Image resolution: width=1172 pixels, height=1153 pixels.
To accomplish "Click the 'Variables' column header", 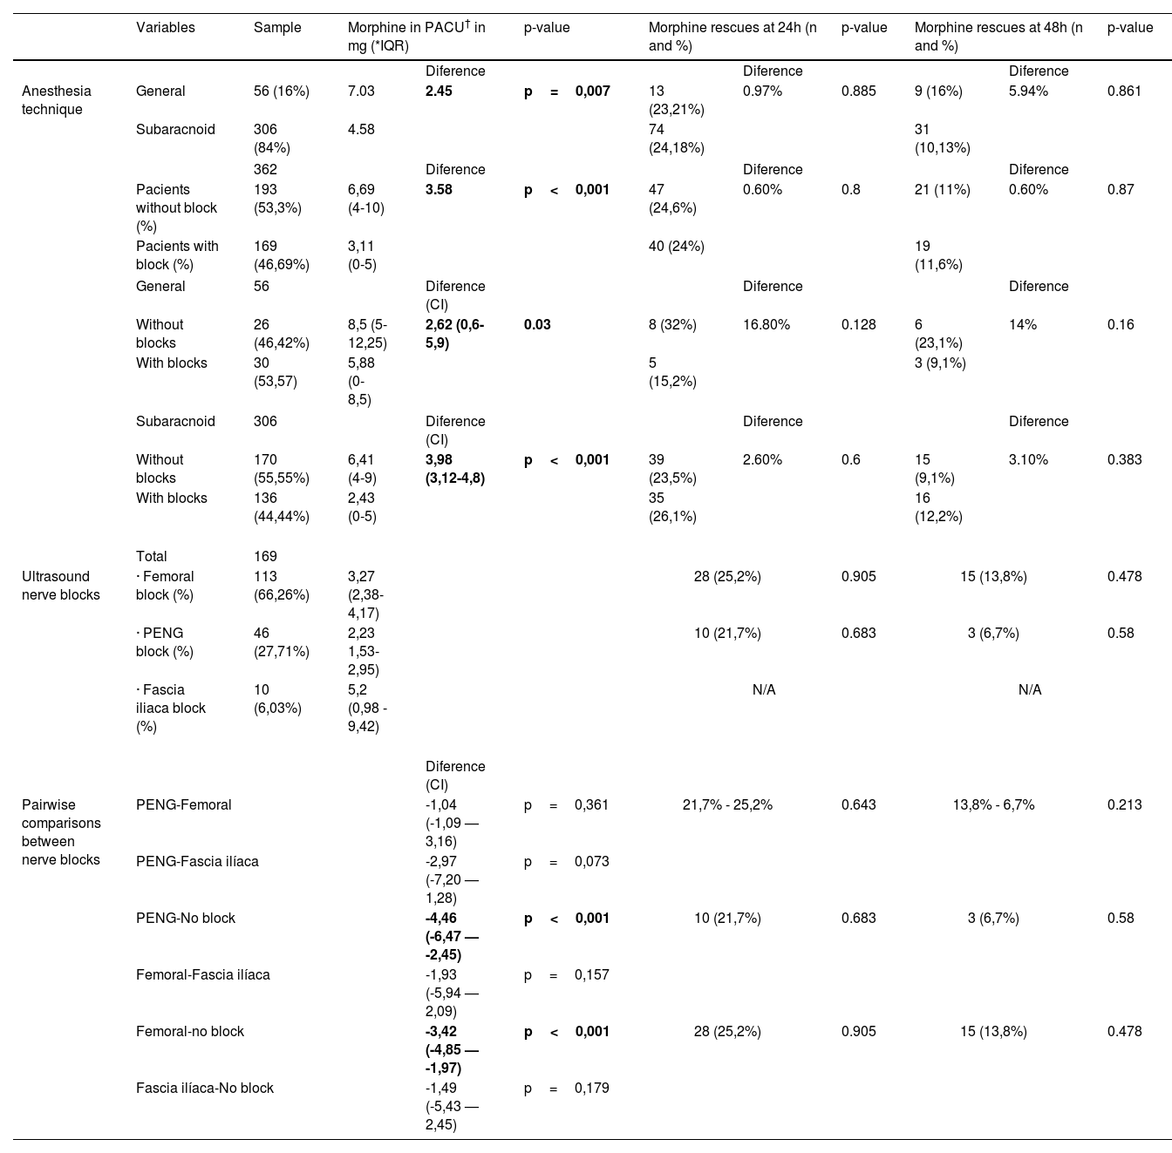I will pyautogui.click(x=166, y=28).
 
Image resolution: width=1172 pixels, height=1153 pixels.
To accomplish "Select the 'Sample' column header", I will pyautogui.click(x=277, y=28).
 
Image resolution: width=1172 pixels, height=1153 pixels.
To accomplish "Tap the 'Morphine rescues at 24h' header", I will pyautogui.click(x=732, y=37).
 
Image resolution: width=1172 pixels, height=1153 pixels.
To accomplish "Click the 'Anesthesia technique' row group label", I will pyautogui.click(x=57, y=100).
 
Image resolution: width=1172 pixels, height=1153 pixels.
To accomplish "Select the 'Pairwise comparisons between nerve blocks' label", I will pyautogui.click(x=61, y=832).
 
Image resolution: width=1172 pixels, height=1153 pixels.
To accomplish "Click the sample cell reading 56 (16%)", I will pyautogui.click(x=282, y=92).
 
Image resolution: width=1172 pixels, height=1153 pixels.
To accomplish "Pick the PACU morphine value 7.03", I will pyautogui.click(x=361, y=92).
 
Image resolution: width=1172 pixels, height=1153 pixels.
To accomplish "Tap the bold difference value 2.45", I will pyautogui.click(x=439, y=92).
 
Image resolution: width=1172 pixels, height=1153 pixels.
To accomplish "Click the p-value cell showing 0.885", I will pyautogui.click(x=858, y=92).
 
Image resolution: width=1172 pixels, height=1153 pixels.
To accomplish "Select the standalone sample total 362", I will pyautogui.click(x=265, y=169).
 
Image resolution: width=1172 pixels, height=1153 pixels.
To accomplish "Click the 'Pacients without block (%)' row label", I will pyautogui.click(x=176, y=207).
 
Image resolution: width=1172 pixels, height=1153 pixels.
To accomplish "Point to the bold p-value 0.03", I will pyautogui.click(x=537, y=324).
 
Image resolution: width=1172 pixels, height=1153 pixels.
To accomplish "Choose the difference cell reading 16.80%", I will pyautogui.click(x=767, y=324).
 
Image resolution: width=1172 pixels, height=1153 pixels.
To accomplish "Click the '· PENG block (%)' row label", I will pyautogui.click(x=162, y=642).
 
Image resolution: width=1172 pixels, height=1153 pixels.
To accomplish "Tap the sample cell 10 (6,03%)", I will pyautogui.click(x=277, y=699).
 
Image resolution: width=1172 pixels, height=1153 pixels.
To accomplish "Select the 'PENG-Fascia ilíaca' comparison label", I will pyautogui.click(x=197, y=862).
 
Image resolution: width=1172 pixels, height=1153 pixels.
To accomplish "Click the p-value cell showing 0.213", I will pyautogui.click(x=1124, y=805).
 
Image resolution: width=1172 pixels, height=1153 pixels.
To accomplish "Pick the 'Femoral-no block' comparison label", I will pyautogui.click(x=190, y=1032).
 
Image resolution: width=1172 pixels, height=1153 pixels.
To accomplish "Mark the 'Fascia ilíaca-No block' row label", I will pyautogui.click(x=205, y=1089).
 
